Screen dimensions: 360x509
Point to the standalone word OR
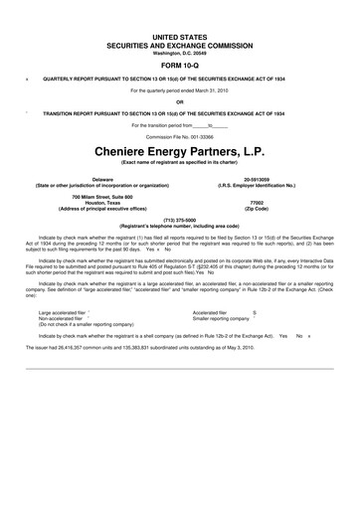coord(180,100)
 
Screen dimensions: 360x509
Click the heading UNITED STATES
coord(179,34)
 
